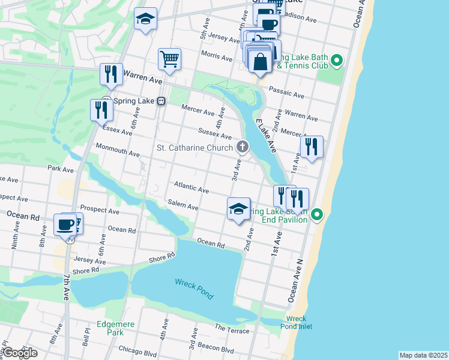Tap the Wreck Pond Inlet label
point(296,322)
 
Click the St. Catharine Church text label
point(194,147)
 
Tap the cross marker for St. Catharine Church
point(243,146)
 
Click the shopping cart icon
point(170,59)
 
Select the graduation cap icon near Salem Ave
point(238,209)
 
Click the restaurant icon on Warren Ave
point(111,74)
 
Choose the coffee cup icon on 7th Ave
point(65,224)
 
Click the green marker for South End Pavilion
point(319,214)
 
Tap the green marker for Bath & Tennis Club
point(337,60)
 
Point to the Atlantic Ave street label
point(191,188)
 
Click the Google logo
point(19,352)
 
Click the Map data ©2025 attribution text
point(423,355)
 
